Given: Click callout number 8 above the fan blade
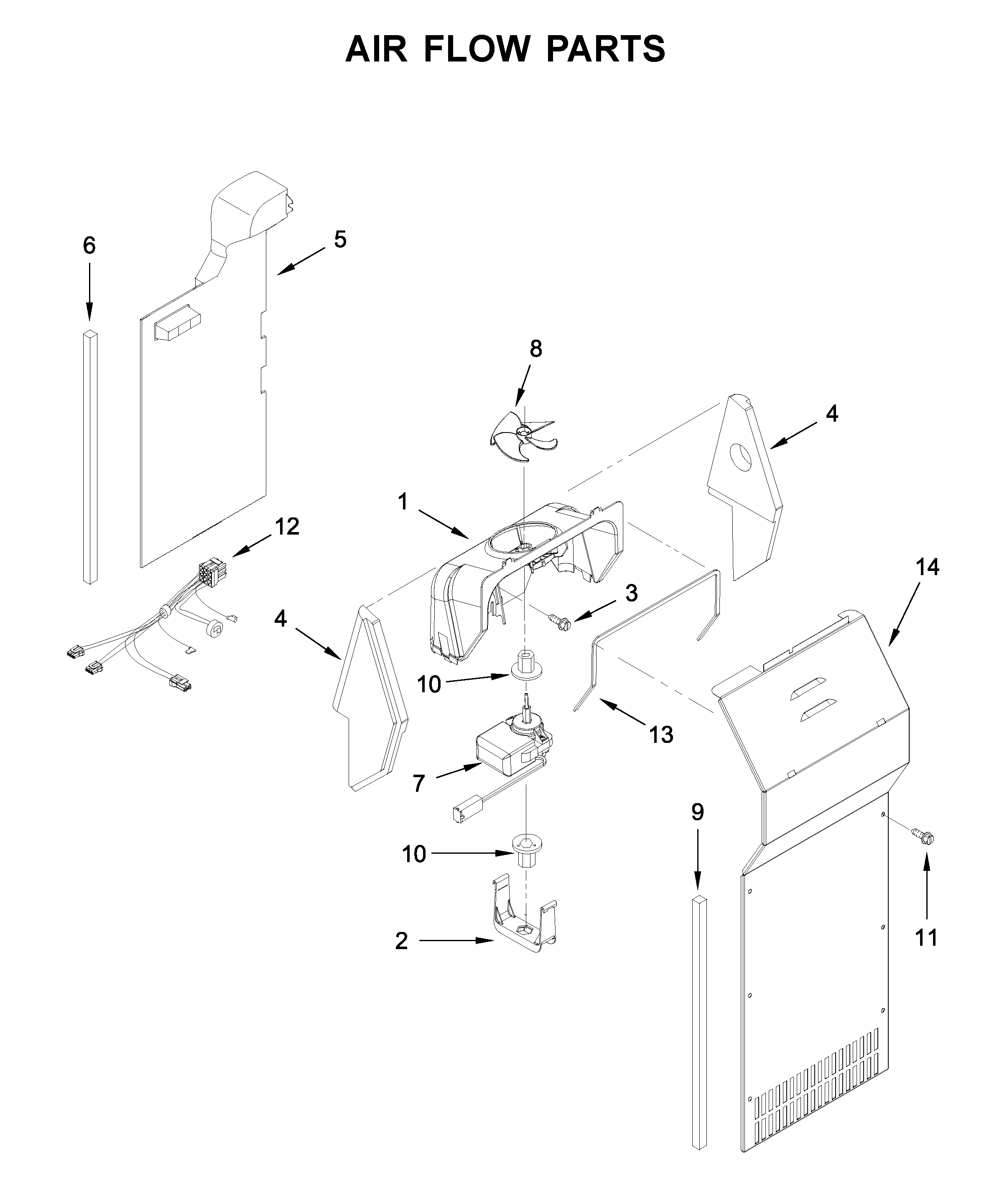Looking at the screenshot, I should point(535,348).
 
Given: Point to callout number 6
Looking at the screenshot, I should point(89,246).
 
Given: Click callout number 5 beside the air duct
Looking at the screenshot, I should point(340,239).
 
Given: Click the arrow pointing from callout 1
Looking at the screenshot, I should point(443,524).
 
